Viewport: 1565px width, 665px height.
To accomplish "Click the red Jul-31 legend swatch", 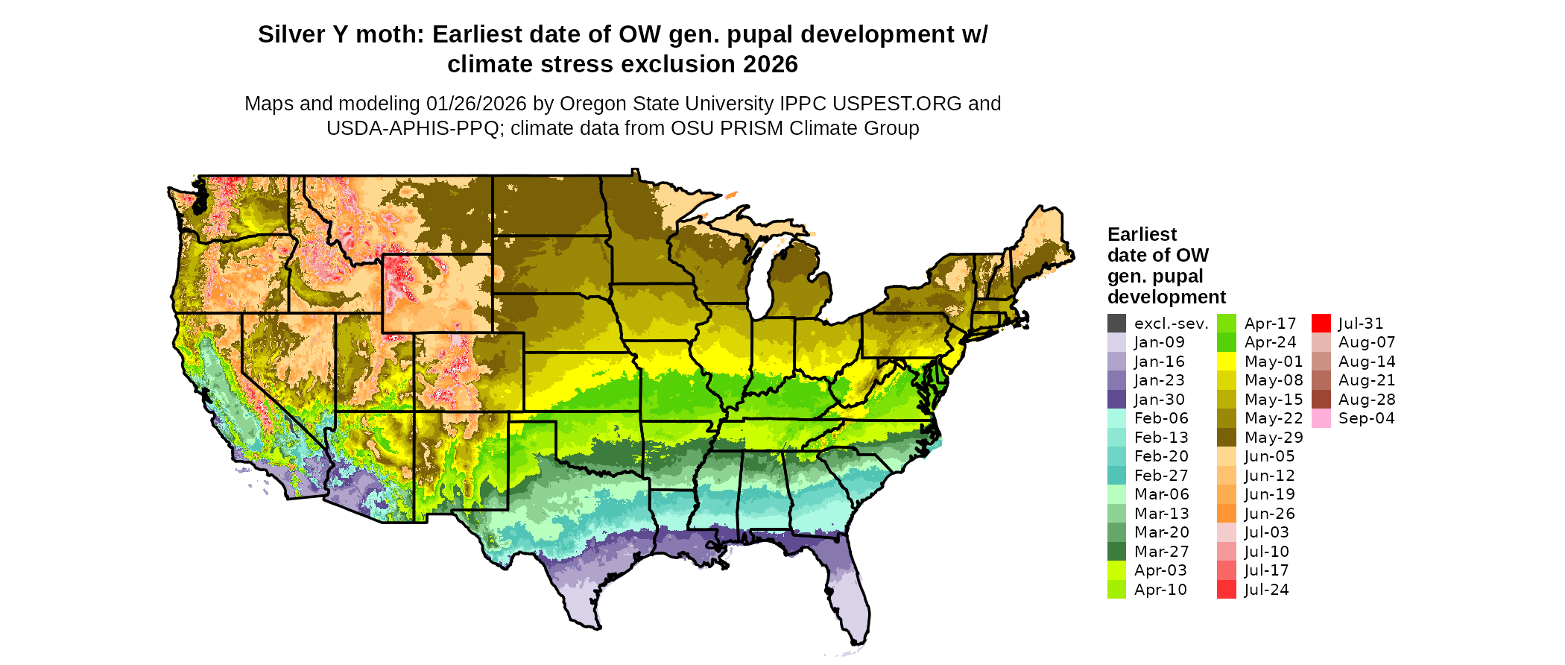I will click(1321, 324).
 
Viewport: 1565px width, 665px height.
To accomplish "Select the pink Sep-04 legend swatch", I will click(1321, 418).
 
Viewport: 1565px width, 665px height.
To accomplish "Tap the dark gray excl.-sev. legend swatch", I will click(1116, 324).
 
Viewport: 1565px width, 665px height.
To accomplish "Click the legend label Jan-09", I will click(1159, 342).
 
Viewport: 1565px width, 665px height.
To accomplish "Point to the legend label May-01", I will click(1274, 362).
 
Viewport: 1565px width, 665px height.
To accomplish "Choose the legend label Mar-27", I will click(1161, 552).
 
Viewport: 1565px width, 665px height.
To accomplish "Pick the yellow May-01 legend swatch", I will click(1226, 362).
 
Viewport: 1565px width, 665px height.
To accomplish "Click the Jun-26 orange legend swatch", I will click(1226, 514).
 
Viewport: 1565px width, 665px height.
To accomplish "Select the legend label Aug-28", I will click(1367, 400).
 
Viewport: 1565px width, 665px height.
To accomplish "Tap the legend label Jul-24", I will click(1266, 590).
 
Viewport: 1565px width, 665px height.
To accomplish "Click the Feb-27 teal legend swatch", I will click(1116, 476).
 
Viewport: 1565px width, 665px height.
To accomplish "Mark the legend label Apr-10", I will click(1160, 590).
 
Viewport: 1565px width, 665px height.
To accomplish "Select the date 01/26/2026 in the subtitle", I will click(475, 104).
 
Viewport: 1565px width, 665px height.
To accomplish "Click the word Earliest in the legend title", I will click(1142, 235).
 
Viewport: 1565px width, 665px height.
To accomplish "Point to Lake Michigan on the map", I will click(760, 280).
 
